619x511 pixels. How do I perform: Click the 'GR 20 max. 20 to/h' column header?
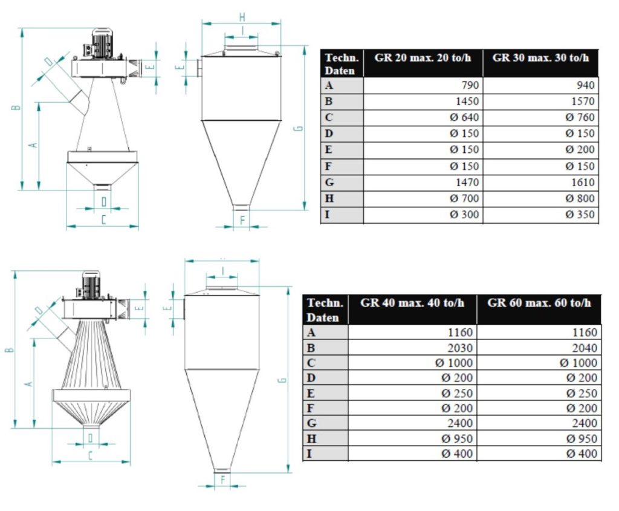(423, 58)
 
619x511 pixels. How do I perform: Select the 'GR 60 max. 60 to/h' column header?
(539, 303)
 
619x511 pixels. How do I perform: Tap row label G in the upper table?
(329, 182)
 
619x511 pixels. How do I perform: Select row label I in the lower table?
(310, 454)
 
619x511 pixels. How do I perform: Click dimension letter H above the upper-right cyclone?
(242, 16)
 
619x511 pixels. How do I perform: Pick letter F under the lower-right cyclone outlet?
(222, 480)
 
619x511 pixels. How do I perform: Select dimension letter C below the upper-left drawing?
(103, 220)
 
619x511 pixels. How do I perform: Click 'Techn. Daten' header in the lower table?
(325, 310)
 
